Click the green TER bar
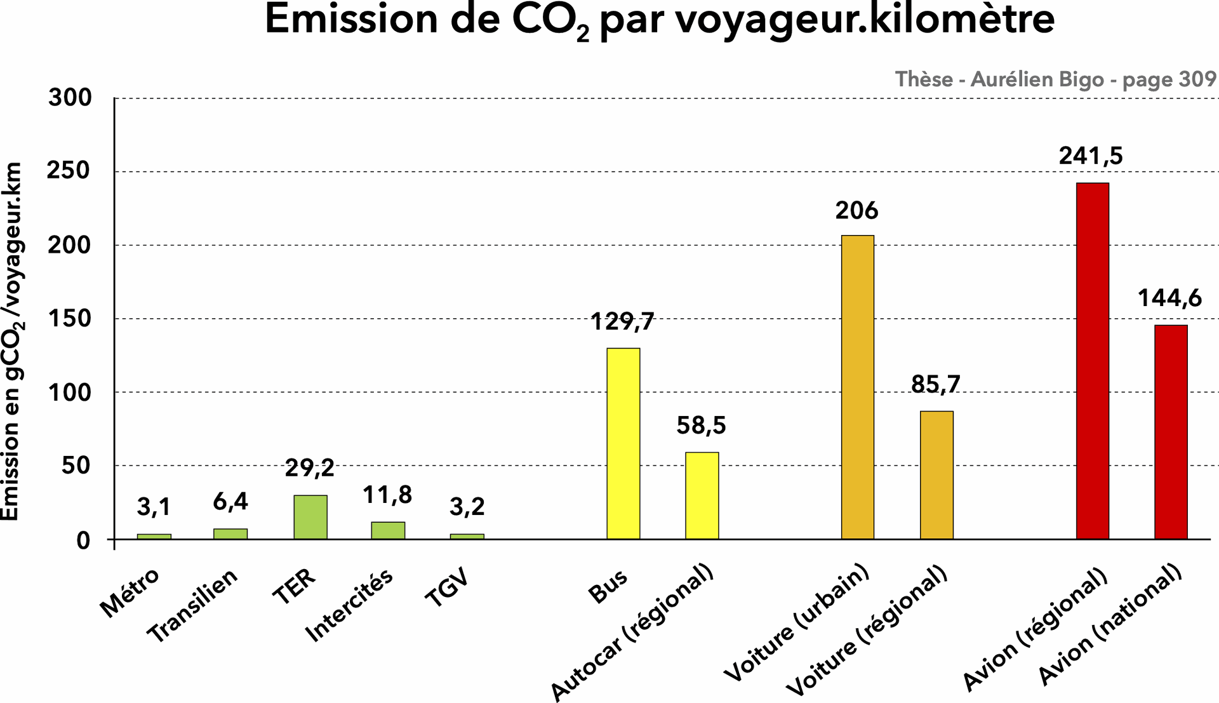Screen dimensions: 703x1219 [x=310, y=517]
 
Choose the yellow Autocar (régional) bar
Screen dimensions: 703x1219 [x=702, y=495]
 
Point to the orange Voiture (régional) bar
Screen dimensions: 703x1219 [x=936, y=475]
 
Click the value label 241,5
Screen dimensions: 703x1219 [x=1090, y=156]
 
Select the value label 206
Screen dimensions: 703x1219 [x=856, y=211]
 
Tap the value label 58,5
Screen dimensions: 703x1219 [x=701, y=425]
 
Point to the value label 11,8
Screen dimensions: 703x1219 [x=387, y=495]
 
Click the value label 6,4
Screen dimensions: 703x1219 [x=230, y=502]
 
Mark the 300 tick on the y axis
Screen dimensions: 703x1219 [x=70, y=98]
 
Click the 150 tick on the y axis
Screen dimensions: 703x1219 [x=70, y=318]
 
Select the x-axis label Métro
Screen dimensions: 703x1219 [x=130, y=593]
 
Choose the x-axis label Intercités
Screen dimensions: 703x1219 [x=349, y=605]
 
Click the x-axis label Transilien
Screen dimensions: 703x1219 [x=192, y=605]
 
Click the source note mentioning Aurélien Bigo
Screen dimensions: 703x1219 [x=1055, y=79]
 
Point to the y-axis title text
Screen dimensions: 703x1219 [x=13, y=342]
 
